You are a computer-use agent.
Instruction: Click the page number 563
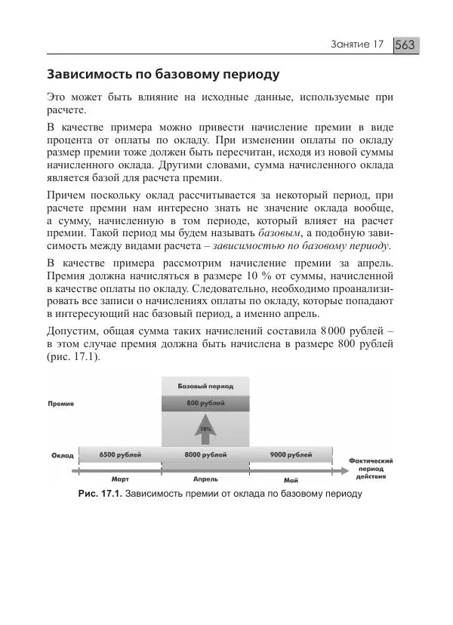(x=405, y=45)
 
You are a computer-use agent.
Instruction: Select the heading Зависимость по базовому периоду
(x=163, y=75)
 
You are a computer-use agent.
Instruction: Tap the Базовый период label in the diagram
(x=205, y=386)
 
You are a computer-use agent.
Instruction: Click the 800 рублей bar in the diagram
(x=205, y=404)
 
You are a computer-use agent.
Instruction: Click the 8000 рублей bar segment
(x=205, y=454)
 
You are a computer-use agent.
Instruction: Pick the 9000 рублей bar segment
(x=291, y=454)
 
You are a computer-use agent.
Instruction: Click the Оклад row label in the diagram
(x=62, y=455)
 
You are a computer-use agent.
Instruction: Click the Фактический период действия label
(x=371, y=468)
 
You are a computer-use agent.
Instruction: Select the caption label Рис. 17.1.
(x=100, y=494)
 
